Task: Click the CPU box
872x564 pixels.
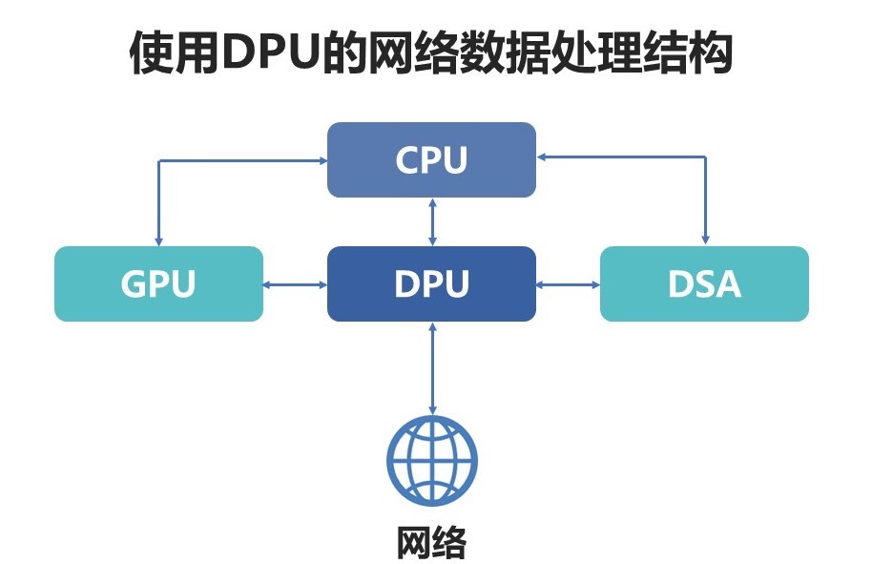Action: click(x=431, y=159)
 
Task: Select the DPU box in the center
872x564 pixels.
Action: click(x=431, y=283)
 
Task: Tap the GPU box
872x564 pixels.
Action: click(x=158, y=283)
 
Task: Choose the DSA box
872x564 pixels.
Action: click(x=704, y=283)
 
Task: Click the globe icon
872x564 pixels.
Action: click(x=431, y=461)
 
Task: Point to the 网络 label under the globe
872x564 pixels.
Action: click(x=431, y=541)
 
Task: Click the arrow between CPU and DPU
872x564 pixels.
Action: click(x=432, y=221)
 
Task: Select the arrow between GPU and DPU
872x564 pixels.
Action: click(x=295, y=283)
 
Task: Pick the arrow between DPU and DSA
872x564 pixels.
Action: click(x=568, y=283)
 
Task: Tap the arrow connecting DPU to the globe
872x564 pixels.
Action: click(x=432, y=367)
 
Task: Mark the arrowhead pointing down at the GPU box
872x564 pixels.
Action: click(x=159, y=240)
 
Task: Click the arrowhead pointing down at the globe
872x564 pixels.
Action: click(x=432, y=408)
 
